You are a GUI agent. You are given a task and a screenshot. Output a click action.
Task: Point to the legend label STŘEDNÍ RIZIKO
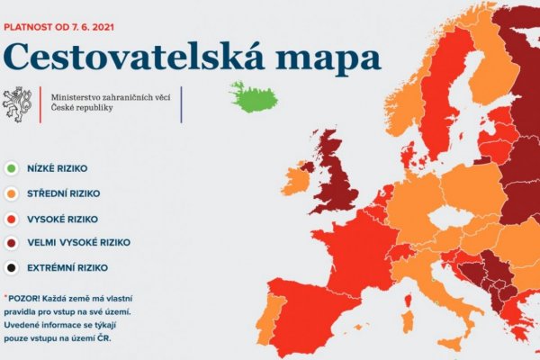coord(64,193)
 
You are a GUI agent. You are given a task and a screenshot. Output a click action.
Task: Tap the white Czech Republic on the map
coord(448,218)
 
